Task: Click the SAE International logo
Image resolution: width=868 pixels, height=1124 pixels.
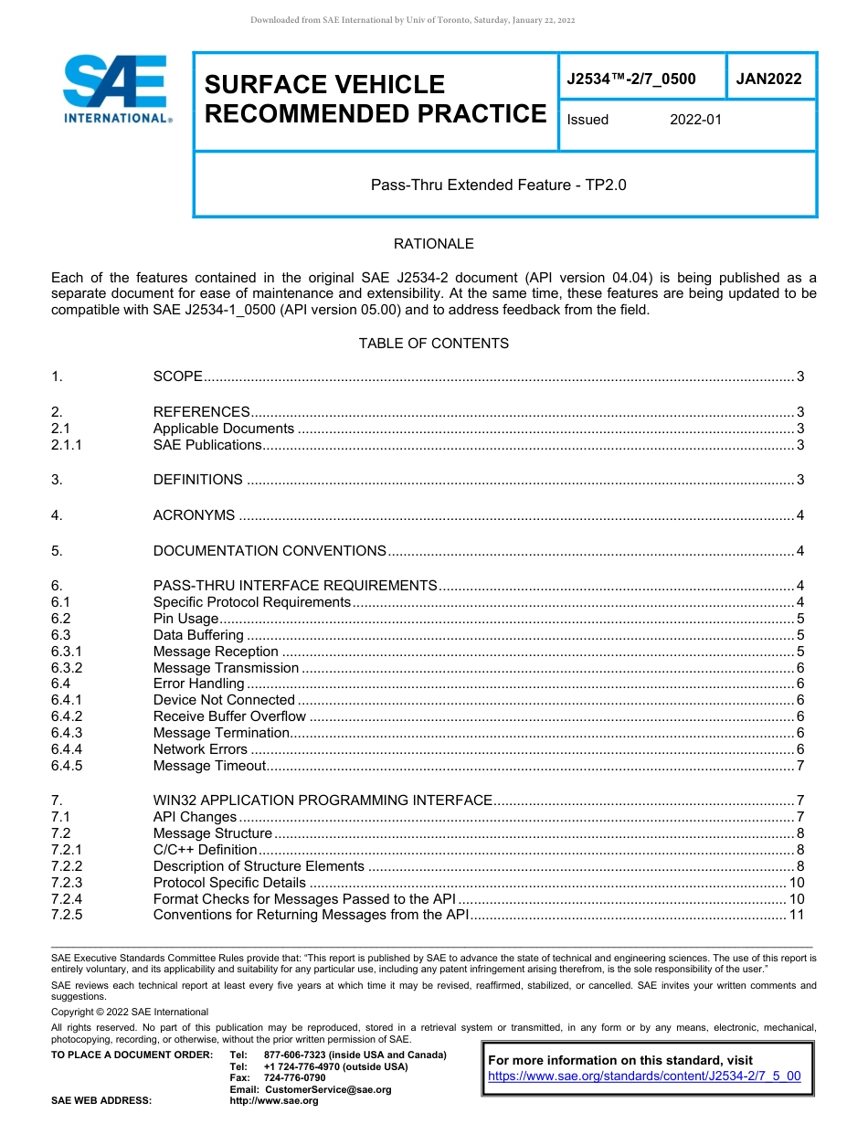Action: click(115, 90)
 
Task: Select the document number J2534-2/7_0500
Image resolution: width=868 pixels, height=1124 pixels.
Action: click(631, 79)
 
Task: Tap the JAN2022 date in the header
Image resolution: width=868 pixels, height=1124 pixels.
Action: click(768, 79)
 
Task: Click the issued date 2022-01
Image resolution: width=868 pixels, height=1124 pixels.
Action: click(695, 120)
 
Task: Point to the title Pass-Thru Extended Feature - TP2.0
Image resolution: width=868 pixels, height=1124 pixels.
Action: click(498, 185)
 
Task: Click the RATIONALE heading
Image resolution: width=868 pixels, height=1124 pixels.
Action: click(433, 244)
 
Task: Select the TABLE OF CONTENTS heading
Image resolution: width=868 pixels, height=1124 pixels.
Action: click(433, 344)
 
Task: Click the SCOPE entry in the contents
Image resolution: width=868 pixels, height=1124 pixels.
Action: click(177, 376)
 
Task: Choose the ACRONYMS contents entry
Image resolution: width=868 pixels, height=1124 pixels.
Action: click(194, 515)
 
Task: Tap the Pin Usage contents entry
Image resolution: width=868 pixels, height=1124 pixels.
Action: click(185, 619)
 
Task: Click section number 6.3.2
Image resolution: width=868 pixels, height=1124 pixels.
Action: click(67, 668)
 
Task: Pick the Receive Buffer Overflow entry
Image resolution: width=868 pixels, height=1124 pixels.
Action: click(229, 716)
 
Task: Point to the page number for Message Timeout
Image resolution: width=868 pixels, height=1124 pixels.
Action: click(799, 766)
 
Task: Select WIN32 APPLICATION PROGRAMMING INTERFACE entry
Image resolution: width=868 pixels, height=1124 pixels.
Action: click(323, 801)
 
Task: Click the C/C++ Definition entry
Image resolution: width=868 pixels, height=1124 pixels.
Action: click(205, 850)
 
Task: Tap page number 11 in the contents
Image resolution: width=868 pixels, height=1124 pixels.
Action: click(796, 915)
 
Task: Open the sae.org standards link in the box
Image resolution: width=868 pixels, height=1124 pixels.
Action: click(644, 1076)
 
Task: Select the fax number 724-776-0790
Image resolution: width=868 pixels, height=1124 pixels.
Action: click(294, 1078)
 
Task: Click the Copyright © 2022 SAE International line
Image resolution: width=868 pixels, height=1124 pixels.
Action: click(130, 1012)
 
